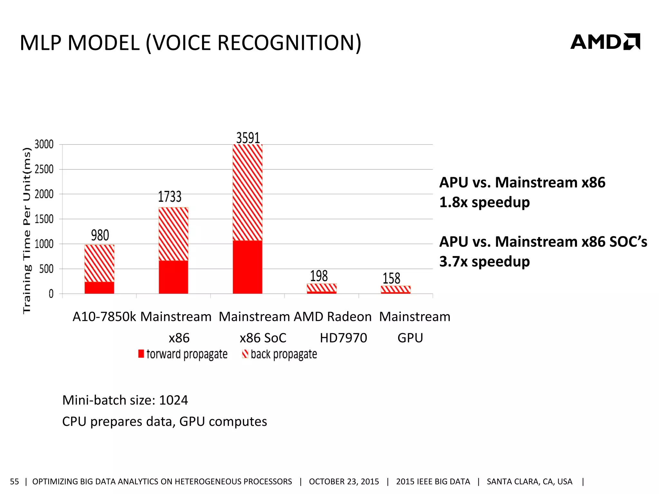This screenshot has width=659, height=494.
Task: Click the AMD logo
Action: point(605,42)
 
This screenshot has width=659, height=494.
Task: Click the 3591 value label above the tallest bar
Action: point(248,138)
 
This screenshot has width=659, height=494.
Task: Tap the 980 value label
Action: point(100,235)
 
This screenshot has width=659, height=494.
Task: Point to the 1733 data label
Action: point(170,197)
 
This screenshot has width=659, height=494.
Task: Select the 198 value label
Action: point(319,276)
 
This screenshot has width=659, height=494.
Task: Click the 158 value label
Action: point(391,278)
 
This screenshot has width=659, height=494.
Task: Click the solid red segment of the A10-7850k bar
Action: point(99,288)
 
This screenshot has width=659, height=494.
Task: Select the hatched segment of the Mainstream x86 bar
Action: point(173,234)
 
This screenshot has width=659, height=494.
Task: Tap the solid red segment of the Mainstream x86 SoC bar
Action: point(247,267)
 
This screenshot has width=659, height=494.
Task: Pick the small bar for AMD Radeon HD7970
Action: point(321,288)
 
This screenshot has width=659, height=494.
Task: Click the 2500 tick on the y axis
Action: point(44,169)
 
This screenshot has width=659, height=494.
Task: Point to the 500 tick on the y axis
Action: point(46,269)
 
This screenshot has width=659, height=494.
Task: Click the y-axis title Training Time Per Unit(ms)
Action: point(27,230)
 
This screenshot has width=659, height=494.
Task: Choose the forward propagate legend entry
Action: point(183,354)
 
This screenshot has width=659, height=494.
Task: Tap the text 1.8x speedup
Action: point(484,202)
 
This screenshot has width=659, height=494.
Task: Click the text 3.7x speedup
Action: point(484,261)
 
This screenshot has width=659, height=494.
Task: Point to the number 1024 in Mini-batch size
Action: point(173,400)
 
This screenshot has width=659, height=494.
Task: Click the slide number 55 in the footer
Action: point(14,481)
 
